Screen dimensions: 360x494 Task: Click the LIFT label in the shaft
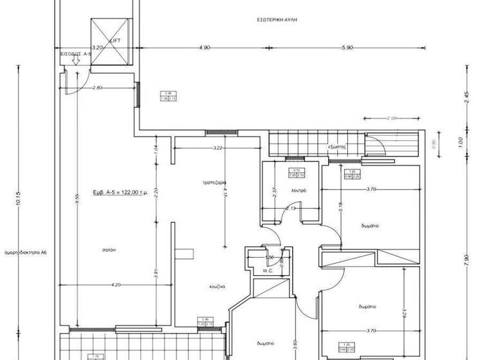(116, 40)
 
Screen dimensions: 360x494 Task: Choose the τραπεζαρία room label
(212, 183)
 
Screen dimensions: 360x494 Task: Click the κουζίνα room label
(216, 287)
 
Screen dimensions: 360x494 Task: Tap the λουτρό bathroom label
(298, 191)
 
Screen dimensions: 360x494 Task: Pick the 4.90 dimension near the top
(205, 48)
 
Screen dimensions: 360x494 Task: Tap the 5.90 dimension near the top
(348, 48)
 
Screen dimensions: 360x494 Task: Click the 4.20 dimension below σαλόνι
(116, 285)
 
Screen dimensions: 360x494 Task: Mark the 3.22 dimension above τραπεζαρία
(217, 148)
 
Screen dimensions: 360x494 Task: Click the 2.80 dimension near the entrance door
(98, 87)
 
